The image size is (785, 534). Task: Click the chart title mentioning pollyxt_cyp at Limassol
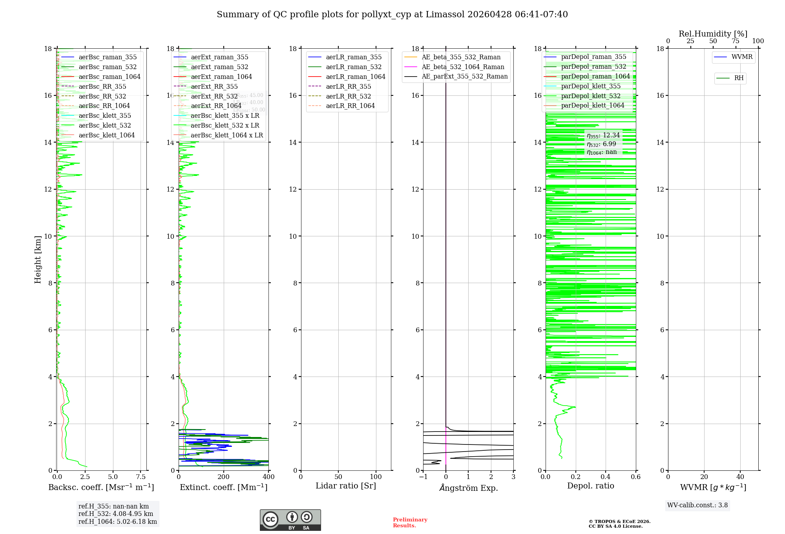point(392,15)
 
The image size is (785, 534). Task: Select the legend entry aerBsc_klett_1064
point(106,135)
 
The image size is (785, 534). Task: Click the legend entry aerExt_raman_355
point(219,57)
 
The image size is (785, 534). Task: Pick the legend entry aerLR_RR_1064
point(350,106)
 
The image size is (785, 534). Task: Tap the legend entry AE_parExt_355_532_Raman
point(464,76)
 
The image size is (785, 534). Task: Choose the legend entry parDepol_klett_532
point(590,96)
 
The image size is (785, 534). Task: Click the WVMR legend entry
point(741,57)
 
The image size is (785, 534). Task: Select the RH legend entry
point(738,78)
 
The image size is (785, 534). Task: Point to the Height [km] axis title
point(38,259)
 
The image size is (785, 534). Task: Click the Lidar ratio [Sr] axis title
point(345,486)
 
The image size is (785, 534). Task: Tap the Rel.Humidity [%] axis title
point(713,34)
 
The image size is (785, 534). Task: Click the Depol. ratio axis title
point(590,486)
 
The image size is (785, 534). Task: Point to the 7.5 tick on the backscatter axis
point(141,477)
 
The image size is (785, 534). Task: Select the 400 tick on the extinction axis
point(268,477)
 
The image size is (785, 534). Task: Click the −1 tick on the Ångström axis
point(423,477)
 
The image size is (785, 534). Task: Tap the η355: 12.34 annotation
point(603,135)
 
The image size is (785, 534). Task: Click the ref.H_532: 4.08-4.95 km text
point(115,514)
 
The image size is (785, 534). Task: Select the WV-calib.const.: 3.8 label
point(697,505)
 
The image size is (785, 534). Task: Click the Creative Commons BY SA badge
point(290,520)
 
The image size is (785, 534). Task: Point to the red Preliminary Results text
point(410,523)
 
